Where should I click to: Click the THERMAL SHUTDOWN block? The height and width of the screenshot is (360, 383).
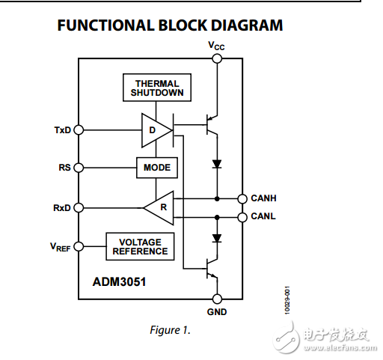coord(157,88)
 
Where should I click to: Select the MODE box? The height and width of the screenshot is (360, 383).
coord(157,168)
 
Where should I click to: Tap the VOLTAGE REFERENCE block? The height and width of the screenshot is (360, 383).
coord(140,246)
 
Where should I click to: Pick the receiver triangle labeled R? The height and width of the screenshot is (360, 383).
coord(159,207)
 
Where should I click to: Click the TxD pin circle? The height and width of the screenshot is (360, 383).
coord(79,130)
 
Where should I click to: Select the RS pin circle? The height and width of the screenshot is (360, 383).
coord(79,168)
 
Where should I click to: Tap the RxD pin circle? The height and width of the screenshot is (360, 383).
coord(79,207)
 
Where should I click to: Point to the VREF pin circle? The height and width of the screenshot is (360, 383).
coord(79,246)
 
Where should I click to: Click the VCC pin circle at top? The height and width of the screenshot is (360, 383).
coord(217,59)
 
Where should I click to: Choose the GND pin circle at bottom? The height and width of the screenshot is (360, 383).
coord(217,299)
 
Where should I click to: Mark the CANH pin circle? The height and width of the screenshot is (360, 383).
coord(242,199)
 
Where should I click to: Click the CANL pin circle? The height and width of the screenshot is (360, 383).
coord(242,217)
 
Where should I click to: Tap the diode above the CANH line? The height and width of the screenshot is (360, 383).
coord(217,164)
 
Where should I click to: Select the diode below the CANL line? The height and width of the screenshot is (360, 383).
coord(217,238)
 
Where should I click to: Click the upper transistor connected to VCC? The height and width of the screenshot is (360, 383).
coord(211,125)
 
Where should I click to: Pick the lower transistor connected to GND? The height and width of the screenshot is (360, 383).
coord(211,269)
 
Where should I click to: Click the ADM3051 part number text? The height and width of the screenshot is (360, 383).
coord(119,282)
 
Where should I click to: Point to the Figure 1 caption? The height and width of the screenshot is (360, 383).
coord(170,330)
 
